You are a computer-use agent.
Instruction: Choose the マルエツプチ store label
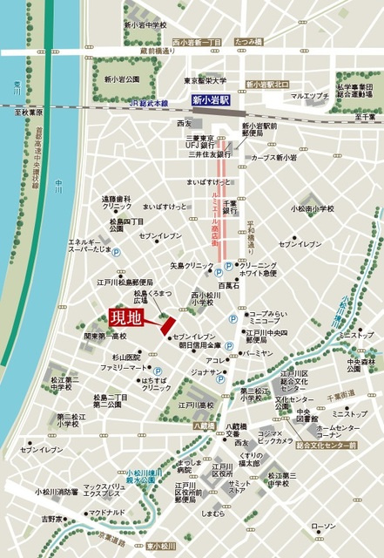coord(310,95)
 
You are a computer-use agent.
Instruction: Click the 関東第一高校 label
coord(105,336)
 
